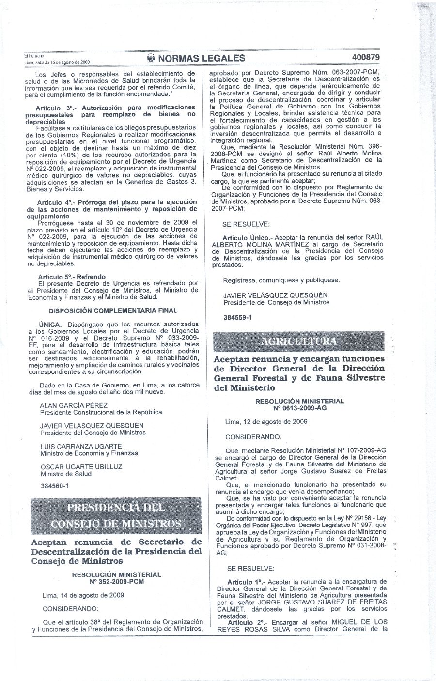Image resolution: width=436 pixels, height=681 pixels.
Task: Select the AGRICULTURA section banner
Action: click(x=299, y=341)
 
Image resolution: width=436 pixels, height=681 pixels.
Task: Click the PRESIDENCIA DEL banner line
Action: click(x=116, y=508)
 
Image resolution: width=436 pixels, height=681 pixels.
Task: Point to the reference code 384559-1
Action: click(x=237, y=318)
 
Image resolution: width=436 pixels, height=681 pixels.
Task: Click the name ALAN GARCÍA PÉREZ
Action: click(x=74, y=405)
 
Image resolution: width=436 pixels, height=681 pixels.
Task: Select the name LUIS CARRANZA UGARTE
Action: click(x=81, y=446)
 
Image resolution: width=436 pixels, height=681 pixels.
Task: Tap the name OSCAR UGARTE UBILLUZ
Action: click(x=81, y=467)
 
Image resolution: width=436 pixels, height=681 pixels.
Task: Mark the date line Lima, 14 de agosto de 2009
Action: click(x=83, y=595)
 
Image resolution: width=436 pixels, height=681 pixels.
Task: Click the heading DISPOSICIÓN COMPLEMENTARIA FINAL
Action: click(x=114, y=310)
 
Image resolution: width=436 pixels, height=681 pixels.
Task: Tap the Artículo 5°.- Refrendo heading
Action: click(x=72, y=277)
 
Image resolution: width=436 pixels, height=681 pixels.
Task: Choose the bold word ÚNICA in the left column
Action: click(x=49, y=323)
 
